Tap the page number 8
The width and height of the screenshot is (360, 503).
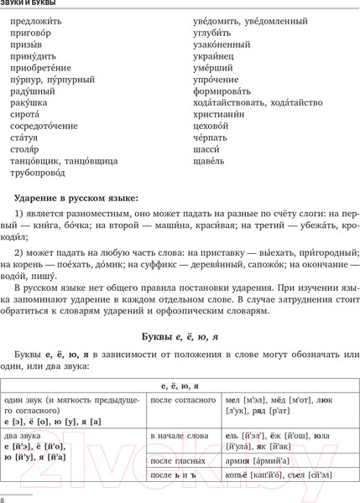[x=4, y=500]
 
